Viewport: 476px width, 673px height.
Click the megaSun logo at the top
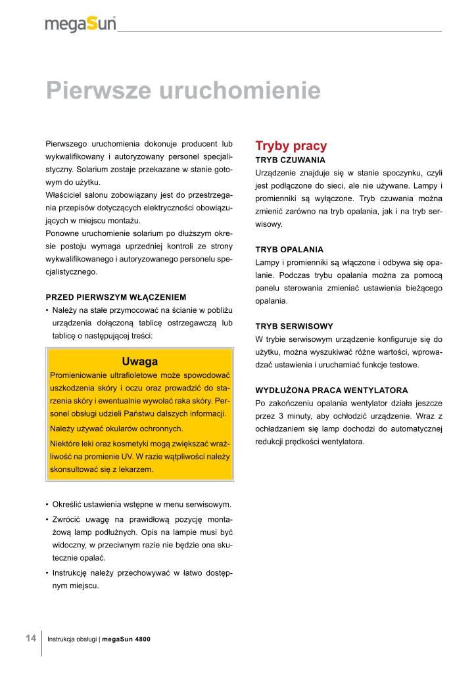(80, 24)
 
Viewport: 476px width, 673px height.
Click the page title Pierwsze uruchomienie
(183, 90)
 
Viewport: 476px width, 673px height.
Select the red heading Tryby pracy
(291, 146)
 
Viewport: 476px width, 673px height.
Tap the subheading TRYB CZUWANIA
(290, 160)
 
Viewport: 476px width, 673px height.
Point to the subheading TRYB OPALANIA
(289, 250)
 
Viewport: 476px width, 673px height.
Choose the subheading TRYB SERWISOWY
(294, 326)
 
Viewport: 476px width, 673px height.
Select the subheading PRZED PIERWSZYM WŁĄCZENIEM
(116, 297)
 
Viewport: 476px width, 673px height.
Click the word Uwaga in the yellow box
(140, 361)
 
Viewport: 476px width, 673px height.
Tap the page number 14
(31, 638)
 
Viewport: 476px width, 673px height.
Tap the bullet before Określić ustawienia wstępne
(47, 505)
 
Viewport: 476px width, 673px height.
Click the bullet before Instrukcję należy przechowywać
(47, 573)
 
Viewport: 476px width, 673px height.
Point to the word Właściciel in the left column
(66, 195)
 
